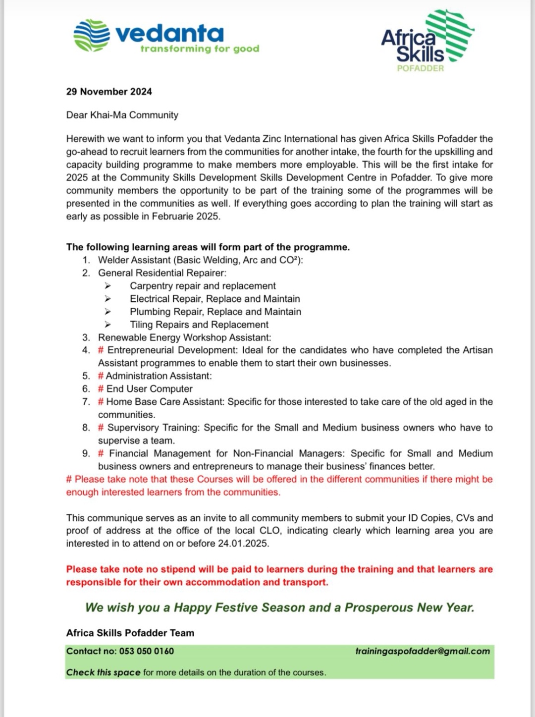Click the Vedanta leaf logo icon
91,35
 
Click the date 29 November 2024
109,92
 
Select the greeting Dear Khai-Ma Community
122,115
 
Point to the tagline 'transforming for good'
200,49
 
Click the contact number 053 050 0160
147,651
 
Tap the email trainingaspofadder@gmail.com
423,651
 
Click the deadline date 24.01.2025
243,544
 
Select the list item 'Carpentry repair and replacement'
203,286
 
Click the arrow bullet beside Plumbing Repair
107,312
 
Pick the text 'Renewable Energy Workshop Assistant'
184,337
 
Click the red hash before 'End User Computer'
101,389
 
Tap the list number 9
86,453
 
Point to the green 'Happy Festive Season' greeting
279,607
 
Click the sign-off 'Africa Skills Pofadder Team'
130,633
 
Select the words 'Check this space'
103,672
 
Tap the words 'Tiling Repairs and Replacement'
199,325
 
